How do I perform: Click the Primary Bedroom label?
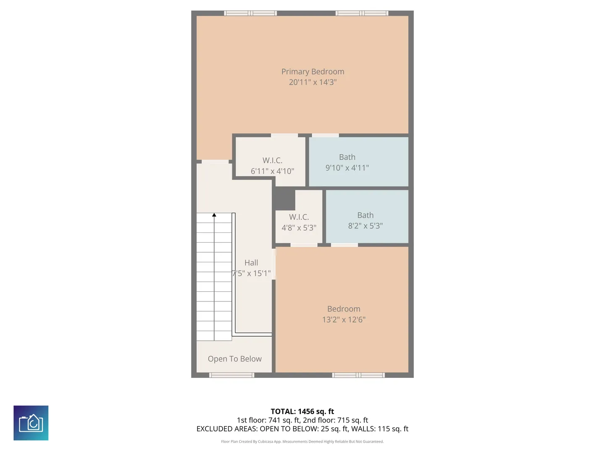point(313,71)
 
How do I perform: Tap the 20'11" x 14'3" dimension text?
point(313,82)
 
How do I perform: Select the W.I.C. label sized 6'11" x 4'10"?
point(272,160)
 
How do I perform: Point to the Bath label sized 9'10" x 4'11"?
point(347,157)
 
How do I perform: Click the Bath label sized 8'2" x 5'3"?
point(365,215)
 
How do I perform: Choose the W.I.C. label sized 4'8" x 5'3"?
point(299,217)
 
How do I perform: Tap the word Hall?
point(251,263)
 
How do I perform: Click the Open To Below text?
point(234,359)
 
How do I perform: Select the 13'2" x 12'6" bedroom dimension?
point(344,319)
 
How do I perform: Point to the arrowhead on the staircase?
point(214,215)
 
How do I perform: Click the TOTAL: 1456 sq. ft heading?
point(302,411)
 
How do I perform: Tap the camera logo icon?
point(31,423)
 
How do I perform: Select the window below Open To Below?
point(231,375)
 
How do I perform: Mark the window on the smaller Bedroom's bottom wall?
point(358,375)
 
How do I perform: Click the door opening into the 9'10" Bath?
point(325,135)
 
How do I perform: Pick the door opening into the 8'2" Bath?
point(344,245)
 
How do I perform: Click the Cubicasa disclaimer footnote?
point(302,441)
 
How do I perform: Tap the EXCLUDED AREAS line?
point(302,429)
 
